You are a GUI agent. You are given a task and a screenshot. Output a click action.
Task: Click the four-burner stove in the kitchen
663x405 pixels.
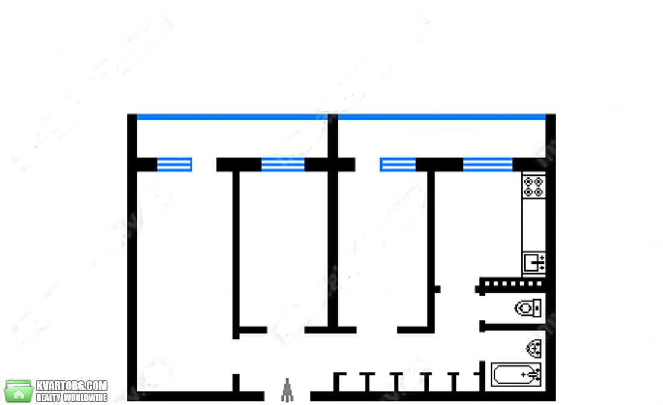coord(533,187)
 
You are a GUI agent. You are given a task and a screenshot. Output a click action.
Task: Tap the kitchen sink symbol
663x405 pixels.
coord(534,263)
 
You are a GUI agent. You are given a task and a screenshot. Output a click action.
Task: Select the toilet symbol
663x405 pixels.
coord(528,308)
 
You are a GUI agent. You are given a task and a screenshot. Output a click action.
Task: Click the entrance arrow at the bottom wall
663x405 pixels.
coord(288,390)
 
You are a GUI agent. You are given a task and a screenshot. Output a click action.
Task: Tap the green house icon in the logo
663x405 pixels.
coord(18,391)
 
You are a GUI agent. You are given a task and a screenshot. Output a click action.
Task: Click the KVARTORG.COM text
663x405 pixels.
coord(72,386)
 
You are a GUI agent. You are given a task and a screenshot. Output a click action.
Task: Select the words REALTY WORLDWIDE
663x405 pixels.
coord(72,398)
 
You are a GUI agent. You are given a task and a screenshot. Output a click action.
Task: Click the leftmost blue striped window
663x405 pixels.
coord(175,164)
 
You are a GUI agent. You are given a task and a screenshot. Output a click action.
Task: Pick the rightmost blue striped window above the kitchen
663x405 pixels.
coord(488,164)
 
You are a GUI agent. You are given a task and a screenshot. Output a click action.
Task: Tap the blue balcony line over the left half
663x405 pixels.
coord(232,117)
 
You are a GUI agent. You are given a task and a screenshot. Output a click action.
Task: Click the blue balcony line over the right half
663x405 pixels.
coord(442,117)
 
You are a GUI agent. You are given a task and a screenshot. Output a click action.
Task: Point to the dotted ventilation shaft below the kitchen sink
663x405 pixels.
coord(512,284)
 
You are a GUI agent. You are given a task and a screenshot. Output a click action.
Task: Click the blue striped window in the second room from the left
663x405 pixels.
coord(283,164)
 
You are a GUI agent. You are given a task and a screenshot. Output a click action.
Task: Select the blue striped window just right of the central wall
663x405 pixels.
coord(398,164)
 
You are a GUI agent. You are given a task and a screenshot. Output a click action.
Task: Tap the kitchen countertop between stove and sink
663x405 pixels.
coord(533,225)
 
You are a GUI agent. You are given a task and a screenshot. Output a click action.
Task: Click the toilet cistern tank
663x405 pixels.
coord(538,308)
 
